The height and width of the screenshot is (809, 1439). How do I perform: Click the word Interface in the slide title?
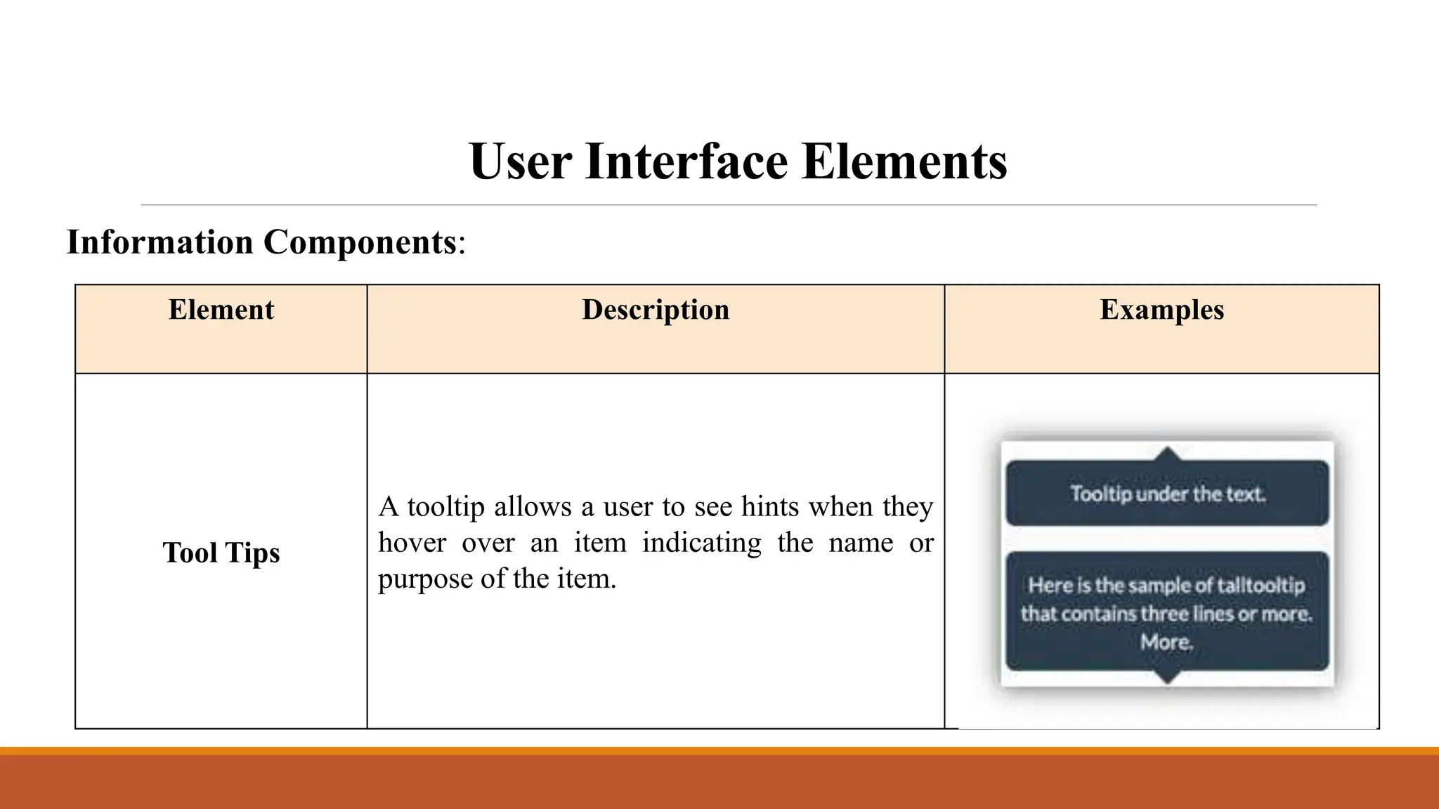point(686,162)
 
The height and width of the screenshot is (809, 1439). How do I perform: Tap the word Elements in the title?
point(904,162)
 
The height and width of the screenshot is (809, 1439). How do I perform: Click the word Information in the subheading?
point(159,242)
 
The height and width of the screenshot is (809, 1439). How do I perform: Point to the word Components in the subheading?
point(360,242)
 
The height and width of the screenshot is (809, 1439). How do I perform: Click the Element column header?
point(221,310)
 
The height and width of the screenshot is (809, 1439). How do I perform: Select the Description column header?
point(656,310)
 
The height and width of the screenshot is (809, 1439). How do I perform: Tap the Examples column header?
point(1161,310)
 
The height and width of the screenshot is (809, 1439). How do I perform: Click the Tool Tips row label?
point(221,553)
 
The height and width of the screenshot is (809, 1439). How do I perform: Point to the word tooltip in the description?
point(446,506)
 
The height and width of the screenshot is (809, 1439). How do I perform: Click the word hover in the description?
point(412,543)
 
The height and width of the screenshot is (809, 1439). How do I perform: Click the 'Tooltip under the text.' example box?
point(1167,494)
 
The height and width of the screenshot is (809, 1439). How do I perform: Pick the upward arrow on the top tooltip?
point(1167,454)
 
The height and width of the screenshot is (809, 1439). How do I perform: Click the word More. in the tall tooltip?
point(1166,642)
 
